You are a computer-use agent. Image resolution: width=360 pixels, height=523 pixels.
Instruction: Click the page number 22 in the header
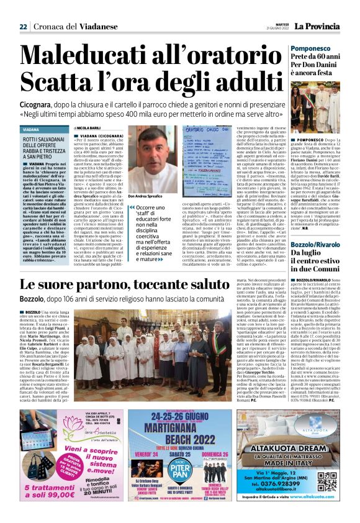23,26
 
